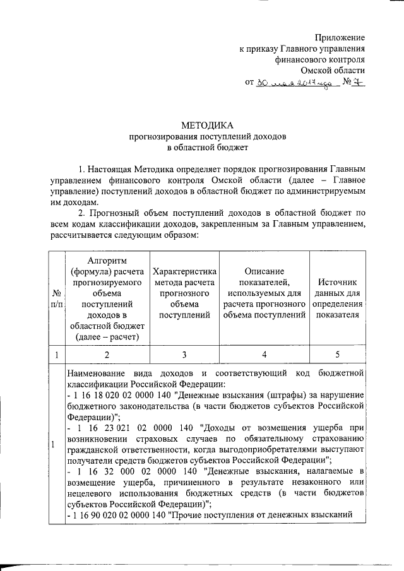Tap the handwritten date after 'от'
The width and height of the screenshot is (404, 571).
[294, 83]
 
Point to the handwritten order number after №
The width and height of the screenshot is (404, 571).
[358, 82]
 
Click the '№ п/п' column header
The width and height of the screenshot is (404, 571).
[56, 300]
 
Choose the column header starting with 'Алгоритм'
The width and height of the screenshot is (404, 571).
[105, 300]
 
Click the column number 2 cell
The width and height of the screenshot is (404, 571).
[105, 355]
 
